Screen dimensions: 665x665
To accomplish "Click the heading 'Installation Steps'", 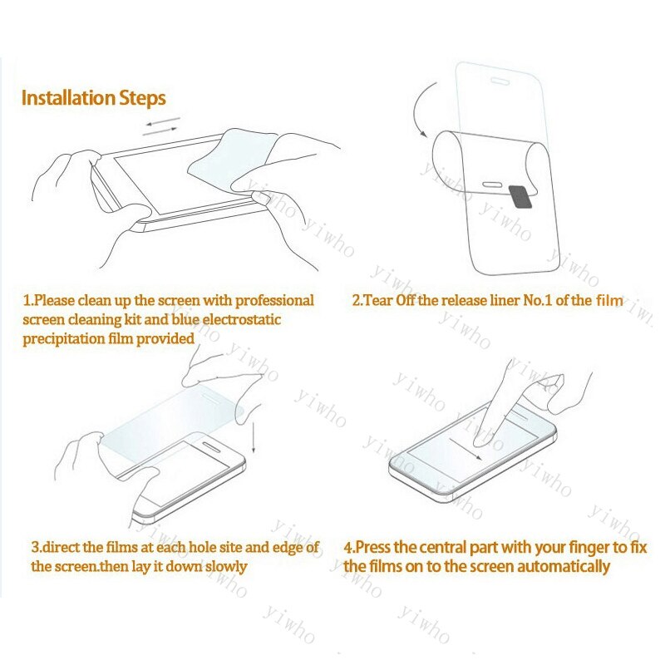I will coord(93,98).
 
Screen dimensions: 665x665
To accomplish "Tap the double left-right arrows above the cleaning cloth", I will coord(160,126).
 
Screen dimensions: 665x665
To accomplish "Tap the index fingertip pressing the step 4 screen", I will coord(480,431).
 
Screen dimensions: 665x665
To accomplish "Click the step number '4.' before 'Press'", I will coord(350,548).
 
